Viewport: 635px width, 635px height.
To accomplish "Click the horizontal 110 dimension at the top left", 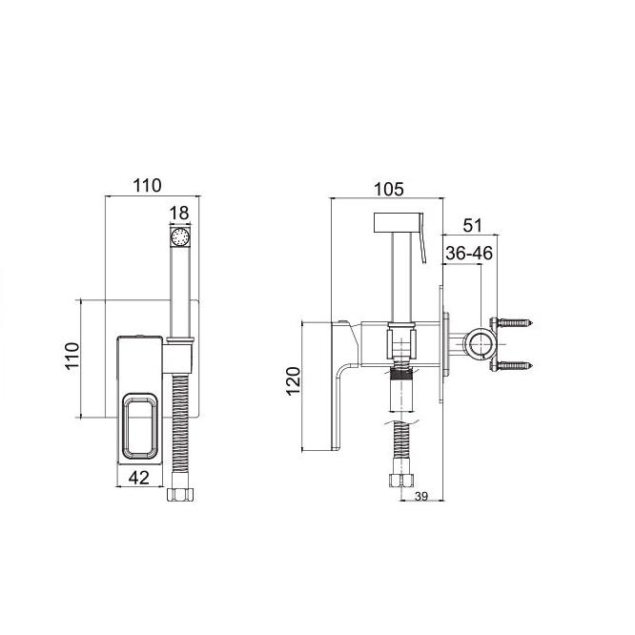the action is click(x=148, y=186).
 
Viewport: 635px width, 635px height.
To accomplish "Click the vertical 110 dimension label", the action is click(x=72, y=356).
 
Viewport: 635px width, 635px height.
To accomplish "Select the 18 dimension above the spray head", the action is click(x=179, y=213).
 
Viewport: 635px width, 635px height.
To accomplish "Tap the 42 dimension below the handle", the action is click(x=139, y=478).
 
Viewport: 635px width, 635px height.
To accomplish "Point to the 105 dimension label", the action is click(x=388, y=189).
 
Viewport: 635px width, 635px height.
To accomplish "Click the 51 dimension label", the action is click(x=473, y=225).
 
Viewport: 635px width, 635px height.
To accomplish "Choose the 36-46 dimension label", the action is click(x=469, y=253).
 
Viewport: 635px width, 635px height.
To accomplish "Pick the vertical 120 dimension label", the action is click(x=294, y=380).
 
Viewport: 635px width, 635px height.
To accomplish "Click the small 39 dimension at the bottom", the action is click(x=421, y=496).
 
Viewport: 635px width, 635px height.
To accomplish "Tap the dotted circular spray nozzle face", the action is click(x=180, y=236).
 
